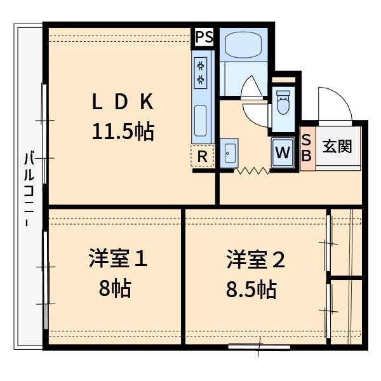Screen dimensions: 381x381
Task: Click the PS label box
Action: (x=204, y=37)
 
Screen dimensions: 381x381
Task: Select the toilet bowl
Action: (x=283, y=103)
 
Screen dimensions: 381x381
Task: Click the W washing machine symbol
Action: (x=283, y=152)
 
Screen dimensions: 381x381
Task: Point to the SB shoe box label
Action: (x=306, y=147)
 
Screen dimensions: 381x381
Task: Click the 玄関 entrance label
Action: (x=337, y=146)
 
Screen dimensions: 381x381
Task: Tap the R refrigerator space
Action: (x=203, y=156)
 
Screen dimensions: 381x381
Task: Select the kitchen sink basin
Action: (x=201, y=121)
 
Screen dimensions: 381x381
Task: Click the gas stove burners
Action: (x=201, y=71)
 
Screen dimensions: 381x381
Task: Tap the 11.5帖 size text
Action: (x=123, y=131)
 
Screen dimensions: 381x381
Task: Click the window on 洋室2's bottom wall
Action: (x=259, y=347)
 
